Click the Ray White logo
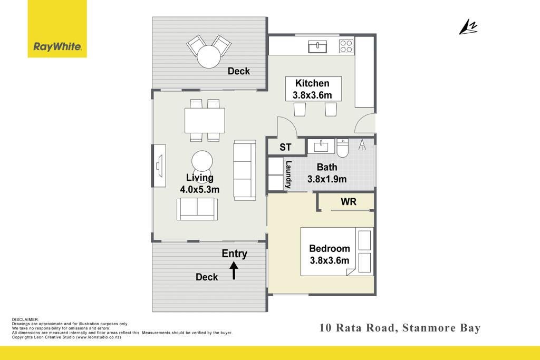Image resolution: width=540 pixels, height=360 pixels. click(x=57, y=29)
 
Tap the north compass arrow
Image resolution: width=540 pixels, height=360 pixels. click(x=468, y=27)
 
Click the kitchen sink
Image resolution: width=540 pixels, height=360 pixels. click(x=317, y=46)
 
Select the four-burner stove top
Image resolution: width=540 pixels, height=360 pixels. click(x=346, y=46)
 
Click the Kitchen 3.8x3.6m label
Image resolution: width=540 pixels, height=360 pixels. click(x=313, y=89)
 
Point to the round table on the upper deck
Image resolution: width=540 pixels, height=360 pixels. click(x=208, y=57)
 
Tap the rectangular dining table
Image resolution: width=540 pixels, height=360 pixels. click(x=205, y=121)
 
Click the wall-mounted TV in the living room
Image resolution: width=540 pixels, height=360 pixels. click(x=159, y=166)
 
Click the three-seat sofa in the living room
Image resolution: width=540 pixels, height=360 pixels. click(x=245, y=170)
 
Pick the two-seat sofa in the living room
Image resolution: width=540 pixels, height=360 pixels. click(x=197, y=209)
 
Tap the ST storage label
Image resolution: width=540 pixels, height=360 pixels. click(x=285, y=147)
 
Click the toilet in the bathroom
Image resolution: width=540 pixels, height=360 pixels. click(x=342, y=148)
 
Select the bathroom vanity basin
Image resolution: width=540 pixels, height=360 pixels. click(x=321, y=146)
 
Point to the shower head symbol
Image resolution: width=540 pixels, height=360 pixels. click(x=362, y=145)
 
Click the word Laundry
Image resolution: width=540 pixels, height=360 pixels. click(x=288, y=174)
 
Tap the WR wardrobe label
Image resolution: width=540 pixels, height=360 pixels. click(x=349, y=202)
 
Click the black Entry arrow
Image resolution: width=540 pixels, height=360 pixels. click(x=234, y=270)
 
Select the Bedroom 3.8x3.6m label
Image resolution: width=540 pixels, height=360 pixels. click(x=330, y=255)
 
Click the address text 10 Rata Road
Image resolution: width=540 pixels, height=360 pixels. click(x=357, y=328)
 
